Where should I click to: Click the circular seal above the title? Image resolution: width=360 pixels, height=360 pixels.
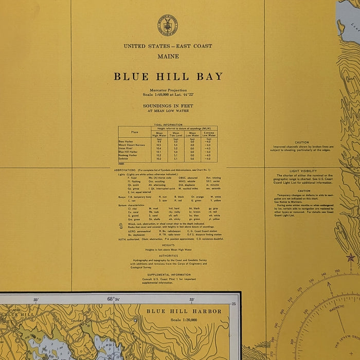pos(168,25)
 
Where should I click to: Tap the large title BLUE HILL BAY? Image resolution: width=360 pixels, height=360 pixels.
pos(168,77)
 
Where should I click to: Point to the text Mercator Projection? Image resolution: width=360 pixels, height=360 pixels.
pos(168,91)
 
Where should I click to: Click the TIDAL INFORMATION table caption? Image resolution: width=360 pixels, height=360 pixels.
pos(168,124)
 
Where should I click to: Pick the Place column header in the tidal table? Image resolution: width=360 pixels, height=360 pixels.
pos(135,132)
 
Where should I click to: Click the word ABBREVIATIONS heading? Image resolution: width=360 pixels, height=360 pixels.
pos(125,169)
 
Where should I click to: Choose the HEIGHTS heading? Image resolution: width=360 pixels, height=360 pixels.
pos(168,245)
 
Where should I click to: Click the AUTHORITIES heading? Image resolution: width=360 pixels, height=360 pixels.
pos(168,255)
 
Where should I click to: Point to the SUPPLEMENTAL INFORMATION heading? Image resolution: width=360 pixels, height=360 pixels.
pos(168,275)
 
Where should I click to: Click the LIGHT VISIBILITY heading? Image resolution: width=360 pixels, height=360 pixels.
pos(302,171)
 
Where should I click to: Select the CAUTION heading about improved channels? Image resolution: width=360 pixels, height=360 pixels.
pos(302,142)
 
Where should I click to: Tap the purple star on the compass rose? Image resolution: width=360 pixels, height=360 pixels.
pos(351,258)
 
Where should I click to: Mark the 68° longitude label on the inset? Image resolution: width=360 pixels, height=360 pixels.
pos(111,299)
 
